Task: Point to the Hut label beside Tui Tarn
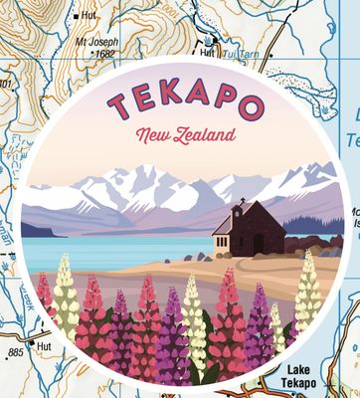pos(207,53)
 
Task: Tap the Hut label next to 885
pos(43,346)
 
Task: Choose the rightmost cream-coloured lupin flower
pos(307,294)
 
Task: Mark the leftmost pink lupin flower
pos(45,293)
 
